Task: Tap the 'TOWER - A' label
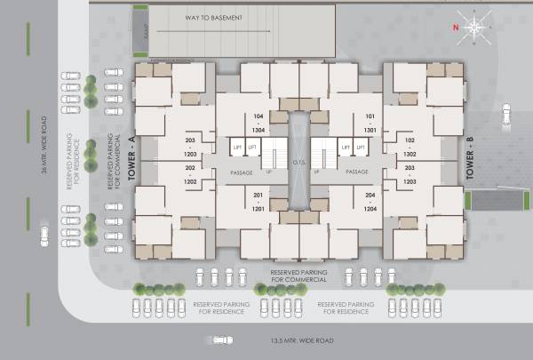click(x=131, y=164)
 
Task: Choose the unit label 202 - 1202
click(x=189, y=174)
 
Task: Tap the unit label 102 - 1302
click(x=410, y=147)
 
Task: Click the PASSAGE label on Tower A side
click(x=241, y=172)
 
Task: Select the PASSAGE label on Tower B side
click(x=357, y=172)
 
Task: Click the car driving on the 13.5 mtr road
click(x=224, y=339)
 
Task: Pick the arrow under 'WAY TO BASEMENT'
click(x=213, y=31)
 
